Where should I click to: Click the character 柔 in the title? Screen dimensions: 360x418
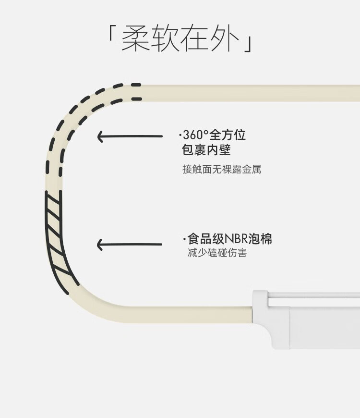coord(135,37)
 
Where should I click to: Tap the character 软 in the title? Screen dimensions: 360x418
coord(165,37)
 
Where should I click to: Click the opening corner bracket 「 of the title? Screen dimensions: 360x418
coord(111,33)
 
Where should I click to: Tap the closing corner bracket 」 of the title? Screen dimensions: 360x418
coord(248,44)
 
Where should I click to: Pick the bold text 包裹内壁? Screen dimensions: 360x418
coord(206,149)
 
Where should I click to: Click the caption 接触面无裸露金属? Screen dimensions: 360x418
coord(222,169)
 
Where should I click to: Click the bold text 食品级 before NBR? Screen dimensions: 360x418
coord(206,239)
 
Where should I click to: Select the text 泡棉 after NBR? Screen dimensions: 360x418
coord(260,239)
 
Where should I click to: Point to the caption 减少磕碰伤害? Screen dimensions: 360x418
coord(217,252)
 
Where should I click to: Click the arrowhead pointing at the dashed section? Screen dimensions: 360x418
coord(100,136)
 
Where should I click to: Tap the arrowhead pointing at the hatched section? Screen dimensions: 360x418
coord(100,245)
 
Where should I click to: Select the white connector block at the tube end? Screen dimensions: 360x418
coord(306,320)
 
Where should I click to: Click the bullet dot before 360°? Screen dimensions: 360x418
coord(180,135)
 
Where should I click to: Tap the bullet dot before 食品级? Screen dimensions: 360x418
coord(184,240)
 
